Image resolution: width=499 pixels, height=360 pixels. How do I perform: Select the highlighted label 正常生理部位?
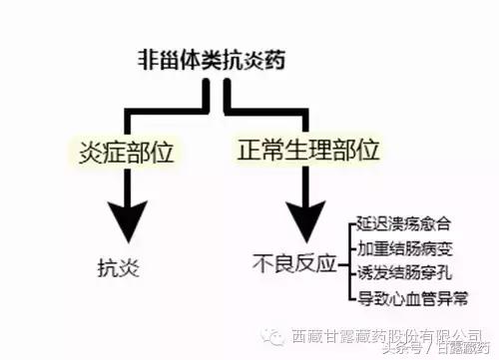[309, 153]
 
